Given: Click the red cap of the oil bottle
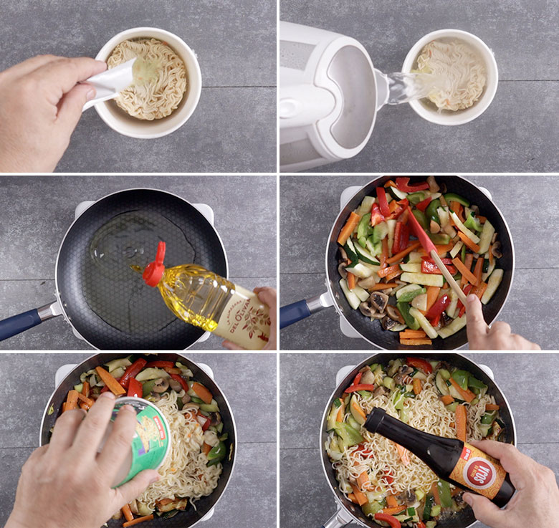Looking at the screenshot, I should point(154,266).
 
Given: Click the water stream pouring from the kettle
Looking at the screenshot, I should point(408,85).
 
